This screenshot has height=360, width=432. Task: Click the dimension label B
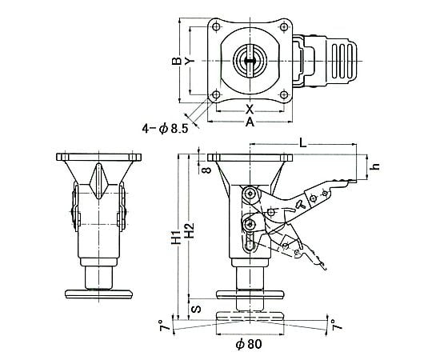pyautogui.click(x=177, y=61)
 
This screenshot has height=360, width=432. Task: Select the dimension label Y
pyautogui.click(x=190, y=61)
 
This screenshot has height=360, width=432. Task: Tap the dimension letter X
pyautogui.click(x=250, y=109)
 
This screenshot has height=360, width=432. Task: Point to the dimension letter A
pyautogui.click(x=250, y=122)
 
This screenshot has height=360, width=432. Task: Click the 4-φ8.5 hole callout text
pyautogui.click(x=165, y=129)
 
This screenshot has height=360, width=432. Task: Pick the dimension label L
pyautogui.click(x=303, y=142)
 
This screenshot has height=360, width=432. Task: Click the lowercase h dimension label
pyautogui.click(x=376, y=166)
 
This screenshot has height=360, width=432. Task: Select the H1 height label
pyautogui.click(x=176, y=237)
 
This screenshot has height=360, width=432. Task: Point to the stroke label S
pyautogui.click(x=196, y=309)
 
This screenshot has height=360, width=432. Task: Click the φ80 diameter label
pyautogui.click(x=249, y=344)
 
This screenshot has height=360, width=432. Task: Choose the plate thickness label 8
pyautogui.click(x=207, y=169)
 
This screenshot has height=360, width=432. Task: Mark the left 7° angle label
pyautogui.click(x=164, y=325)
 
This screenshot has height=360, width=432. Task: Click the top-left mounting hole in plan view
pyautogui.click(x=217, y=27)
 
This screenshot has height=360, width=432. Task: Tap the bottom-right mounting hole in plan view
pyautogui.click(x=284, y=94)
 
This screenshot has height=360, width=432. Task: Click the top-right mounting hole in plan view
pyautogui.click(x=284, y=27)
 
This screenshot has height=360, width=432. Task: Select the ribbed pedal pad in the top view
pyautogui.click(x=342, y=61)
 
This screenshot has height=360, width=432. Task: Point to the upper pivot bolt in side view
pyautogui.click(x=250, y=194)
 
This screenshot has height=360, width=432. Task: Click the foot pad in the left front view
pyautogui.click(x=98, y=294)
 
